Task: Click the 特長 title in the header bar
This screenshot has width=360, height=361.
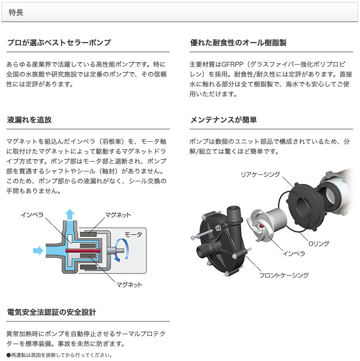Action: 15,12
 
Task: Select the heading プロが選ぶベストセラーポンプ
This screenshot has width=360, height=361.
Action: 59,43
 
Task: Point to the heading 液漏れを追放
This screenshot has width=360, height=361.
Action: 30,120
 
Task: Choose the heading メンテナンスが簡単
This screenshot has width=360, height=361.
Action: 224,120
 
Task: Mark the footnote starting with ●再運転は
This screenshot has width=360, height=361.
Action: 59,355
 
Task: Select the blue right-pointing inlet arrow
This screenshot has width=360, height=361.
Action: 38,251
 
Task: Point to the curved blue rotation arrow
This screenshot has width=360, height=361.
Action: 123,247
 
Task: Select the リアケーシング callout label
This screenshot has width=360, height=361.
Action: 260,174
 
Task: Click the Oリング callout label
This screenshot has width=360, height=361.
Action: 318,243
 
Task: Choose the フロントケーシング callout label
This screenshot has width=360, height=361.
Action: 284,275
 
